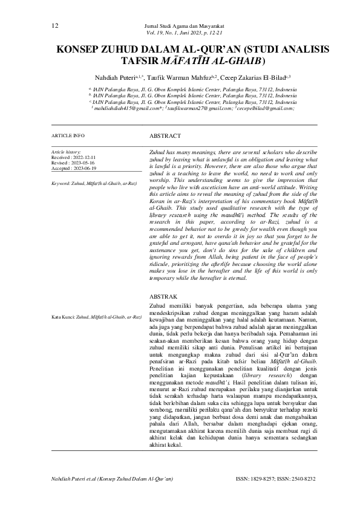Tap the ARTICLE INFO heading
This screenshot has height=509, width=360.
point(68,136)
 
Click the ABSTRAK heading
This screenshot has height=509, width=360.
point(164,297)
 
